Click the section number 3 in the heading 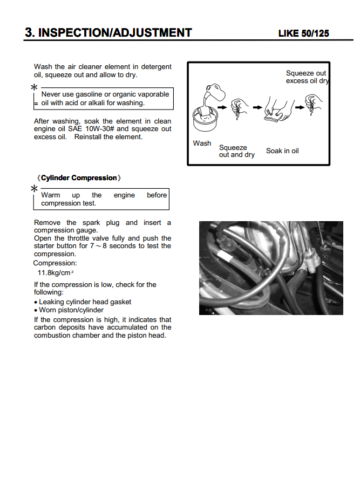(29, 32)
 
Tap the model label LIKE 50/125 (303, 33)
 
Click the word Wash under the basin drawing (202, 143)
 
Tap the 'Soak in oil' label (282, 151)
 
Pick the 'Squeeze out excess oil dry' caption (307, 77)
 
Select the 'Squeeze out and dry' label (236, 151)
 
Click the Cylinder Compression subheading (79, 178)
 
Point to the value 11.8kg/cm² (56, 273)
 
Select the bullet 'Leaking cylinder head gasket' (85, 302)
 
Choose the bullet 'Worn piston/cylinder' (71, 310)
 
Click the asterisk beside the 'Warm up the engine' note (34, 189)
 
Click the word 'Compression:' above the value (55, 263)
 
